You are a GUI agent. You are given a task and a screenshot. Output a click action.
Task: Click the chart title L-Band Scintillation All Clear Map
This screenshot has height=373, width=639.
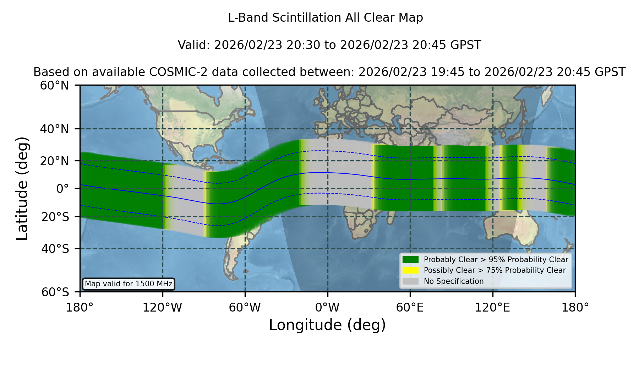pos(326,18)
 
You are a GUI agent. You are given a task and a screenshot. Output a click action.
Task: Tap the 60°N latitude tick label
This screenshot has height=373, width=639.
pos(55,86)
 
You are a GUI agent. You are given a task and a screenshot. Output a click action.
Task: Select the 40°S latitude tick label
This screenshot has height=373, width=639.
pos(55,249)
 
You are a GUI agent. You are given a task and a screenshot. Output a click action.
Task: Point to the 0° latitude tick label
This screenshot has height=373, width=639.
pos(62,189)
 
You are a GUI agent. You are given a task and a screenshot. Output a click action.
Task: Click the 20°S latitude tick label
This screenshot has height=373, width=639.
pos(55,217)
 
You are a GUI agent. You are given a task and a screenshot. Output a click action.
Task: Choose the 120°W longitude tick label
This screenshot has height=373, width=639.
pos(163,308)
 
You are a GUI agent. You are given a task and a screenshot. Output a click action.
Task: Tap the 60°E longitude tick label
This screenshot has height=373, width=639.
pos(410,308)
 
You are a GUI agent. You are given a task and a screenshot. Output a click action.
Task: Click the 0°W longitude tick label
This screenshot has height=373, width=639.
pos(328,308)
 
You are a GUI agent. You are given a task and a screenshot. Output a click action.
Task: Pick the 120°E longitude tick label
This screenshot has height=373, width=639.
pos(493,308)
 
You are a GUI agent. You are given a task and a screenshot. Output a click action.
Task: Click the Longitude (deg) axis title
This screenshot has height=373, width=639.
pos(327,325)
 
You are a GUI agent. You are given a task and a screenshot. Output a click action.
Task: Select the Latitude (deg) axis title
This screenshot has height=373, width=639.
pos(22,188)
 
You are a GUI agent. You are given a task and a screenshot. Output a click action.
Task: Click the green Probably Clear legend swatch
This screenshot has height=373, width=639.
pos(410,260)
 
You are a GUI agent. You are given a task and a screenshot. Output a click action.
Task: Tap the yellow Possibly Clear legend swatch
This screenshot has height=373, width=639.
pos(410,270)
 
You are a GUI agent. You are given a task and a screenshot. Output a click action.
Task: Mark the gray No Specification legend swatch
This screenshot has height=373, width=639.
pos(410,281)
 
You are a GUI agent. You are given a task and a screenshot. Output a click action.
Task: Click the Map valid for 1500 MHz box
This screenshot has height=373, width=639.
pos(129,284)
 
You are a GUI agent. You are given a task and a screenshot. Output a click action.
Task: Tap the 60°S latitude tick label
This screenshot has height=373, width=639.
pos(55,292)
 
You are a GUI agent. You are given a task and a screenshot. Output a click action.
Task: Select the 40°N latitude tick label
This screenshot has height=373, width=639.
pos(55,129)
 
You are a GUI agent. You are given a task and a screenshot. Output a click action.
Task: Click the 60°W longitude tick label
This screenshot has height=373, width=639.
pos(245,308)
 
